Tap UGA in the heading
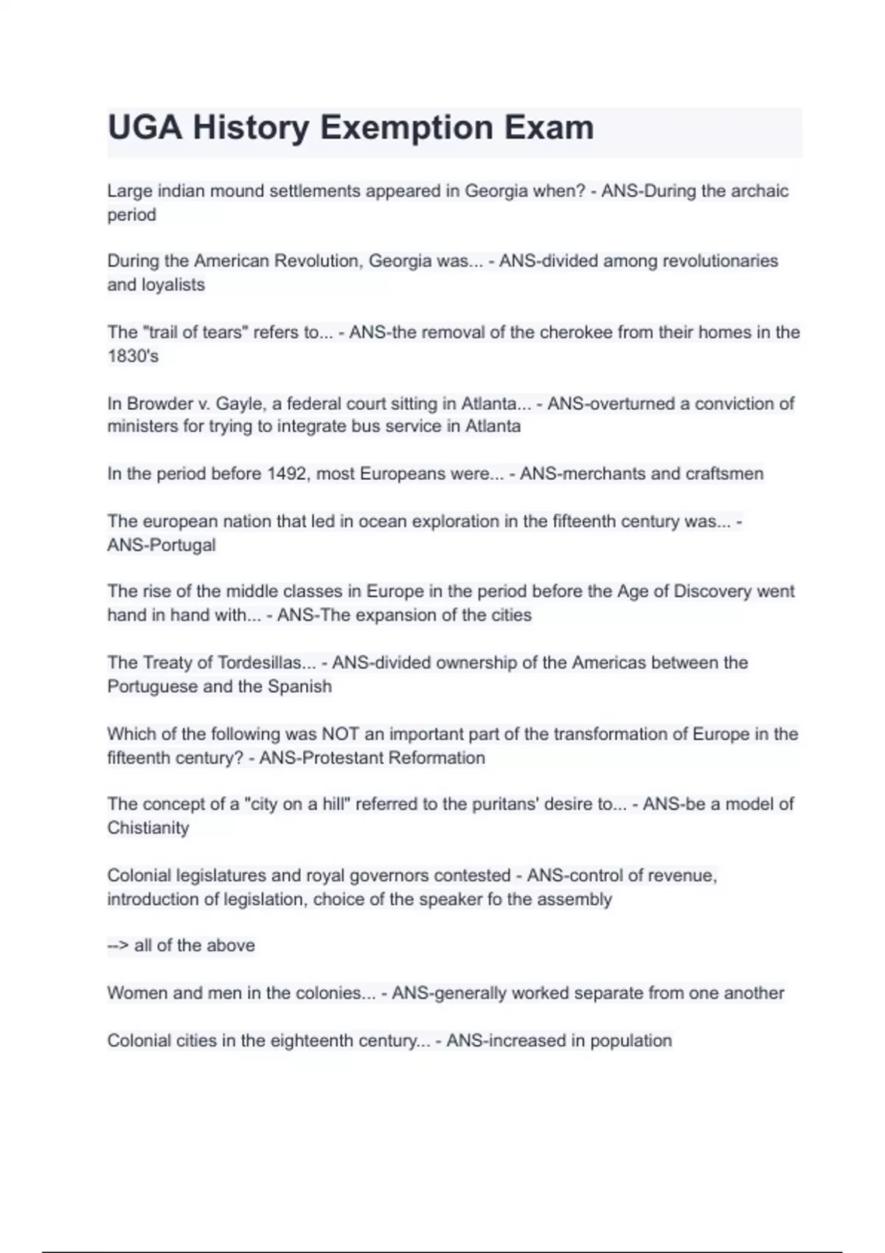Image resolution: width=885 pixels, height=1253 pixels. pyautogui.click(x=145, y=128)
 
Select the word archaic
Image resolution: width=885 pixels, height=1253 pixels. pyautogui.click(x=759, y=191)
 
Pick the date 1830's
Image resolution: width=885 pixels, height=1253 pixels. pyautogui.click(x=133, y=356)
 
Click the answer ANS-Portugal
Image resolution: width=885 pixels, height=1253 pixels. pyautogui.click(x=162, y=545)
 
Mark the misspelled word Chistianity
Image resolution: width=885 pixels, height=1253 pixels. pyautogui.click(x=148, y=828)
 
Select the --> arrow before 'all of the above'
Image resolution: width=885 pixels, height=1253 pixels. pyautogui.click(x=118, y=946)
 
